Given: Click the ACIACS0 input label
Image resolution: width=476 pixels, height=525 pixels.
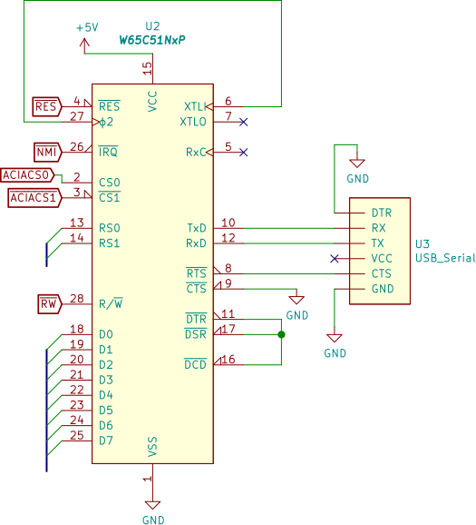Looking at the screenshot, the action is coord(27,175).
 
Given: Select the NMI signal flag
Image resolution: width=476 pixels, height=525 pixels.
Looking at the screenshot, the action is coord(48,153).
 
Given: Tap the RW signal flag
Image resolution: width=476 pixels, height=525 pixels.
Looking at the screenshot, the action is coord(50,304).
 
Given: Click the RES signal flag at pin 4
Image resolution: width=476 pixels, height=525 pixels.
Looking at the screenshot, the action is coord(47,107).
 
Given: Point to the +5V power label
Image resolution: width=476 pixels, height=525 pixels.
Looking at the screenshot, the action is coord(87,27).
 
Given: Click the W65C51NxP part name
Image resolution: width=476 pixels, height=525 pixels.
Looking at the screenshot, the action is coord(152,41).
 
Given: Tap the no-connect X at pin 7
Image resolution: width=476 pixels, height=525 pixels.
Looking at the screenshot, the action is coord(244,122).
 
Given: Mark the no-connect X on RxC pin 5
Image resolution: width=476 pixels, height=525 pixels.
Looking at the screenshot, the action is coord(244,153).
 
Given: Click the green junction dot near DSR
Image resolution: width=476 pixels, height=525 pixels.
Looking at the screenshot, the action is coord(281,334).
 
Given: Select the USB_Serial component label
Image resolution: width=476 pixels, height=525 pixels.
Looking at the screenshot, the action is coord(445,258).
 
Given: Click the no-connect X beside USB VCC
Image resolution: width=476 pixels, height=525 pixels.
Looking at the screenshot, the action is coord(335,259).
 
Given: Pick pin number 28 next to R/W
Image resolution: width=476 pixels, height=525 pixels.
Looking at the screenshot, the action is coord(77,298).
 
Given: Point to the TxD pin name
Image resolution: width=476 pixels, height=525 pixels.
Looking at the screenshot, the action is coord(197,228).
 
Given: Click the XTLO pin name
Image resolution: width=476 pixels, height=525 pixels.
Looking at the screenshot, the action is coord(193,122).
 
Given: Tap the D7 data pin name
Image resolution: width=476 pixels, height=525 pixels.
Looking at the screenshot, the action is coord(106,441).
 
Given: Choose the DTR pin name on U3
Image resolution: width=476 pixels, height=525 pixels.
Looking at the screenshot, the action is coord(382,213).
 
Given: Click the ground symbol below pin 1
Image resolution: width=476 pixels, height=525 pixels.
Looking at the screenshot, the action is coord(152,505).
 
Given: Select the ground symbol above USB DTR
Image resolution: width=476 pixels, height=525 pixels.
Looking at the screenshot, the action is coord(357,163).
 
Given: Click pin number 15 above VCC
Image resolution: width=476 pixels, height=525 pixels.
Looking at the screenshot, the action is coord(147,69).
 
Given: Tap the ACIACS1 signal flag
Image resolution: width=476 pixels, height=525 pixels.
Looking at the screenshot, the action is coord(34,198).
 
